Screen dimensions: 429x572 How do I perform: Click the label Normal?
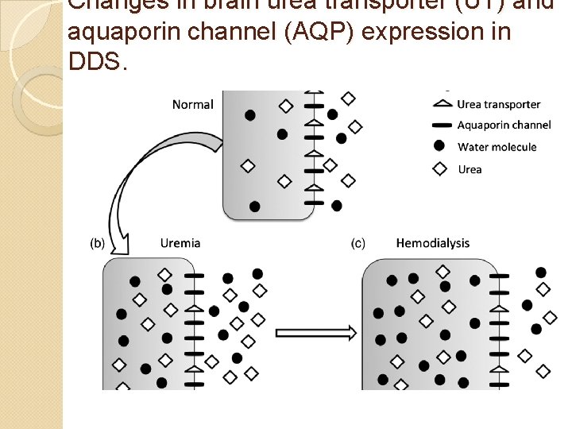click(192, 105)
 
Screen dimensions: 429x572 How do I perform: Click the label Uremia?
click(180, 243)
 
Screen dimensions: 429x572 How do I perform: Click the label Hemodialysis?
click(432, 243)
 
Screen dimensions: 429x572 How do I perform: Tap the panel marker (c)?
click(358, 243)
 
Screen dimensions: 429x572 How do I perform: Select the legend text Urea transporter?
click(499, 105)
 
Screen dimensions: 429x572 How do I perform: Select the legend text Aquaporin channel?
click(504, 126)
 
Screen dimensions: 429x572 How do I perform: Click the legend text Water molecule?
click(497, 147)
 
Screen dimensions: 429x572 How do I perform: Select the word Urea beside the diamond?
click(470, 169)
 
